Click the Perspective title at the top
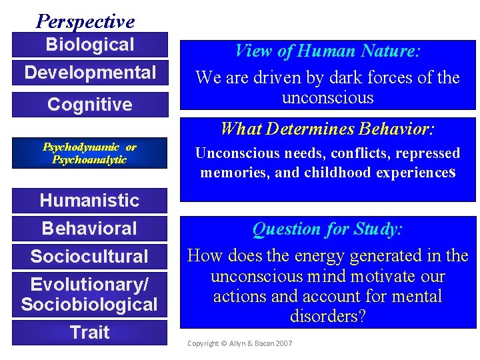(85, 21)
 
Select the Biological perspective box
(89, 45)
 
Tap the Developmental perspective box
(89, 73)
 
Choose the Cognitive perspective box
(89, 105)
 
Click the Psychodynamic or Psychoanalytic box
(89, 153)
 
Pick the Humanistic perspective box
(89, 200)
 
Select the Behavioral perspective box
(89, 228)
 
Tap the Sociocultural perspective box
(89, 256)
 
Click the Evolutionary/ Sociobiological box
(89, 295)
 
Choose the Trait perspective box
(89, 332)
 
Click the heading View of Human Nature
(327, 51)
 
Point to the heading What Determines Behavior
(327, 127)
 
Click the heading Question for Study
(327, 229)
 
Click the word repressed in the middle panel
(427, 153)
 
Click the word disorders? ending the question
(327, 316)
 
